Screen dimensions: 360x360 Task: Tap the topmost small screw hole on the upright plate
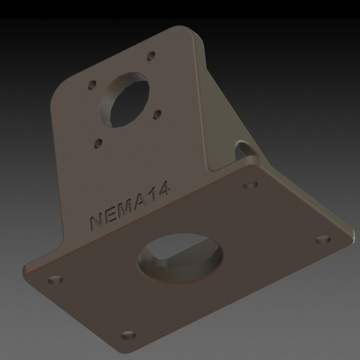149,56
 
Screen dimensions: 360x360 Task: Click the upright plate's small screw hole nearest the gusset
157,114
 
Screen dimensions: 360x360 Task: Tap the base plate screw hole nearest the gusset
250,184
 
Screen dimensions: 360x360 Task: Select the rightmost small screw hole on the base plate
323,239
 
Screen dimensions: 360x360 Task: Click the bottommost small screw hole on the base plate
128,335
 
